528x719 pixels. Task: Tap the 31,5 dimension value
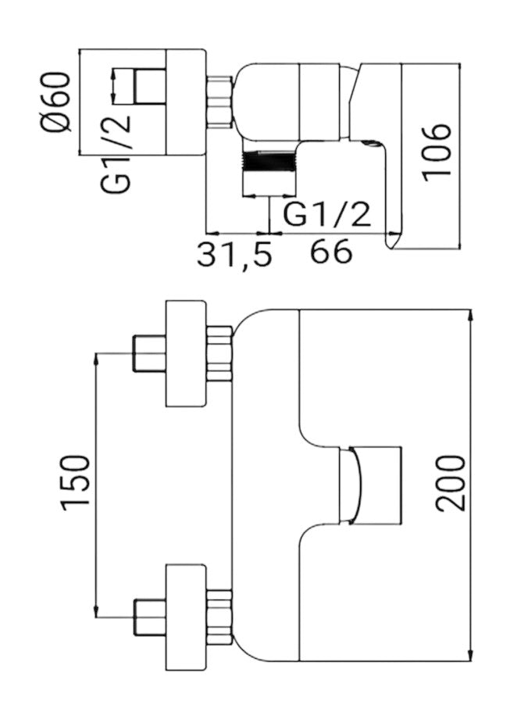click(234, 254)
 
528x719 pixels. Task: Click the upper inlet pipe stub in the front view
click(149, 353)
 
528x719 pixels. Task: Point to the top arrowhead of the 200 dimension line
click(473, 315)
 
